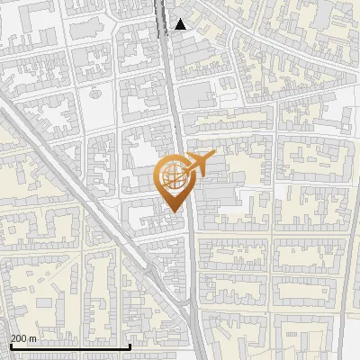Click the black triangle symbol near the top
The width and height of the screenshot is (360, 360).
coord(181,24)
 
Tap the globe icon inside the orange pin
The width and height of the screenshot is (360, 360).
coord(175,177)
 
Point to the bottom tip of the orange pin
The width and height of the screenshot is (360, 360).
coord(175,212)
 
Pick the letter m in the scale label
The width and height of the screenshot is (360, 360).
coord(33,339)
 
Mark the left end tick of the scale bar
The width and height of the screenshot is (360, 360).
coord(9,346)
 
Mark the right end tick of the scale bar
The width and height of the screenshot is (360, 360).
coord(130,346)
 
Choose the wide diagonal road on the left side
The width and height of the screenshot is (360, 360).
coord(54,171)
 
